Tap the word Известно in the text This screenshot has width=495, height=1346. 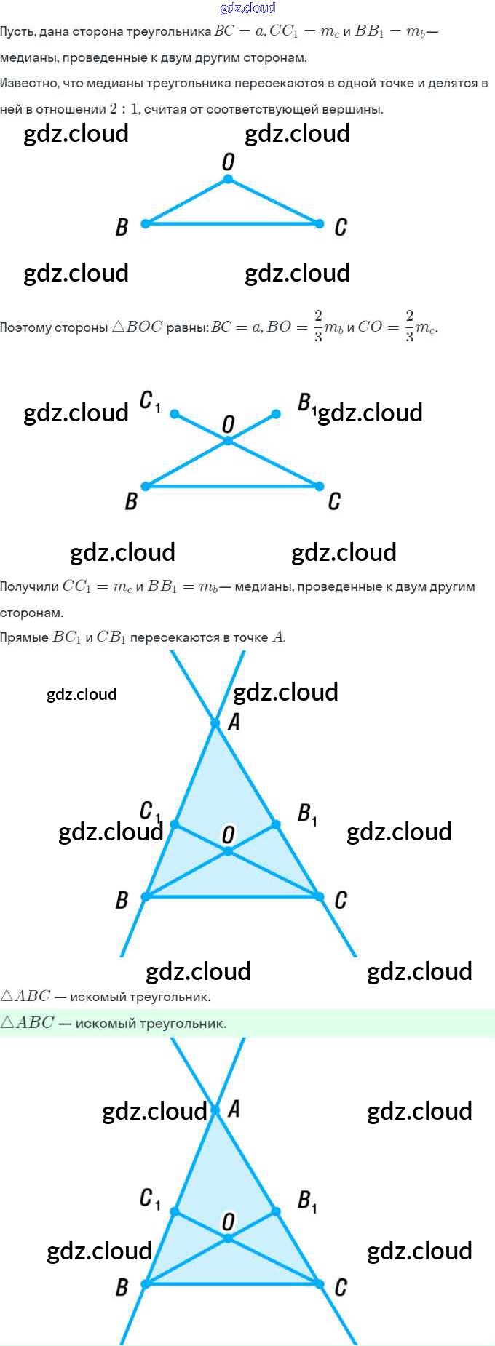coord(29,83)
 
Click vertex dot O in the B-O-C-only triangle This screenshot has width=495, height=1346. coord(228,179)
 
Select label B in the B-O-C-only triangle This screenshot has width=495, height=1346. coord(122,228)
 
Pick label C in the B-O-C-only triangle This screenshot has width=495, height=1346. coord(340,228)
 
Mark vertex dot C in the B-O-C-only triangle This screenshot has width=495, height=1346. coord(319,223)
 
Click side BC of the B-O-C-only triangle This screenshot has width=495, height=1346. coord(231,223)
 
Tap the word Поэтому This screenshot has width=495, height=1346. coord(25,327)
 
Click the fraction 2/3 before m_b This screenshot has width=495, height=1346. coord(318,326)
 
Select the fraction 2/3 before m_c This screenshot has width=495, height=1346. coord(409,326)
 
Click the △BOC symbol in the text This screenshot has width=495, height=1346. coord(138,327)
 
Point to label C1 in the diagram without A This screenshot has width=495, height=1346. coord(149,401)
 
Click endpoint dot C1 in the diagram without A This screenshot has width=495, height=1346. coord(175,413)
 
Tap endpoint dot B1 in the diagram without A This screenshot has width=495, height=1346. coord(276,414)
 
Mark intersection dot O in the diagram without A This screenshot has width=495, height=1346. coord(228,440)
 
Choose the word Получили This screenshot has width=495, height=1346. coord(29,586)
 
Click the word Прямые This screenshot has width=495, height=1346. coord(24,637)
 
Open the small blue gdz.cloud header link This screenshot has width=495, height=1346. coord(247,8)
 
